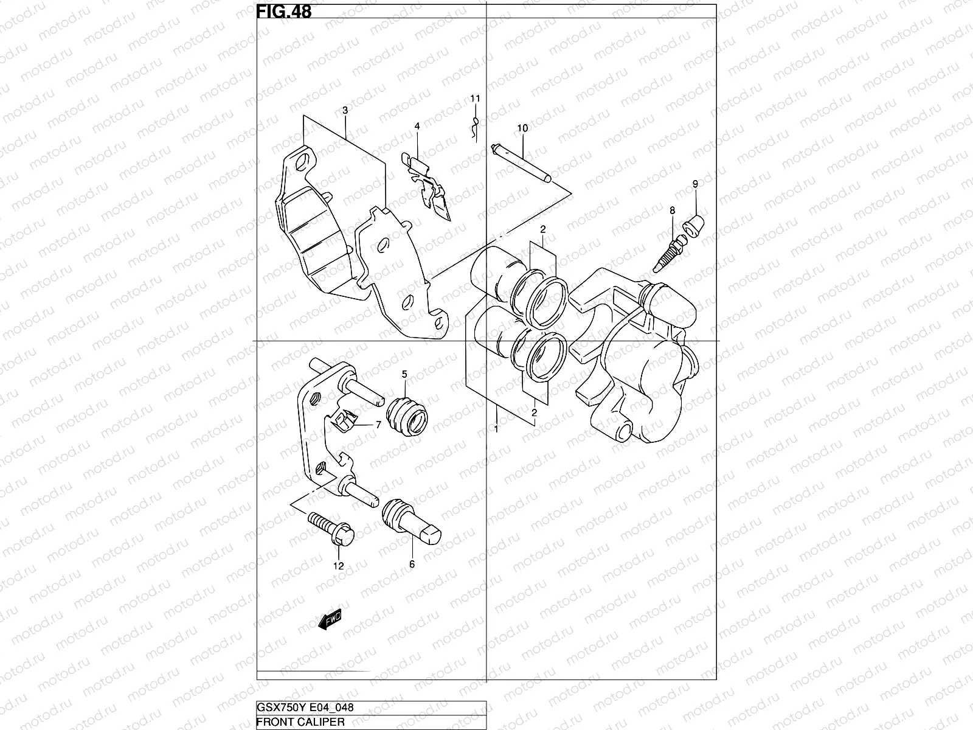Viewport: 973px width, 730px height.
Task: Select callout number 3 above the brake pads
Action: (345, 110)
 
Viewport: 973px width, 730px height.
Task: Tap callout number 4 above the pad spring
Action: (417, 126)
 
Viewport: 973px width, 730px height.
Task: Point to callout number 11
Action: (475, 98)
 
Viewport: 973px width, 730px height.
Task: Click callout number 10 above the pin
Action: (522, 128)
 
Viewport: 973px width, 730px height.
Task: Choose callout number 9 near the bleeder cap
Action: (695, 184)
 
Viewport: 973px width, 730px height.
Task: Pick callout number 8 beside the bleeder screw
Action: (672, 210)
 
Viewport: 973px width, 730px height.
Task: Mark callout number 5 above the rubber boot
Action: (404, 374)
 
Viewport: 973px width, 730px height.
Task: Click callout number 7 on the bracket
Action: (378, 425)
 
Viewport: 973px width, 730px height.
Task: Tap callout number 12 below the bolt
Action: (338, 566)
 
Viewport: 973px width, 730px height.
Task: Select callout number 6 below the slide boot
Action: (412, 565)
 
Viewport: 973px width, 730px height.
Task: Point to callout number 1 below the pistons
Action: (496, 429)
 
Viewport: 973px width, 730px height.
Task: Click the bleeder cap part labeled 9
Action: (694, 225)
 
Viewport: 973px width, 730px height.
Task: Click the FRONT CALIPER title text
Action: (301, 722)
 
